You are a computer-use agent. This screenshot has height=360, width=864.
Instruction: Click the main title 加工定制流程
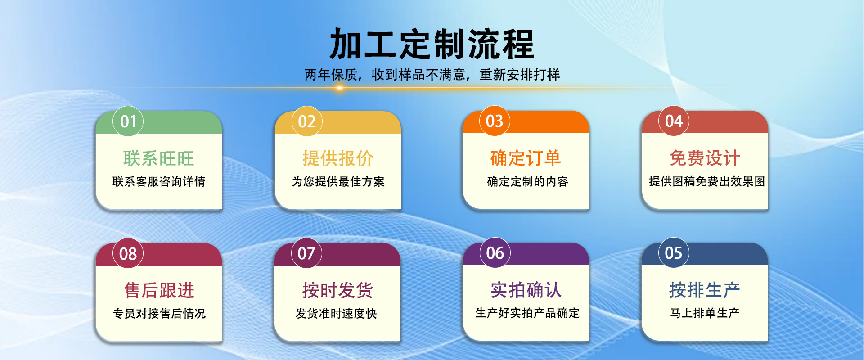pyautogui.click(x=432, y=44)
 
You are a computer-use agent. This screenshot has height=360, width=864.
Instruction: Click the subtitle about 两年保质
pyautogui.click(x=432, y=75)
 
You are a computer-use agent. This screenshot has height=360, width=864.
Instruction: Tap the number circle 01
pyautogui.click(x=128, y=121)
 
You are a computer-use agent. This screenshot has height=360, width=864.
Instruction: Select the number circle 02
pyautogui.click(x=307, y=121)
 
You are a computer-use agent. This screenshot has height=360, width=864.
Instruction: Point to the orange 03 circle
pyautogui.click(x=495, y=121)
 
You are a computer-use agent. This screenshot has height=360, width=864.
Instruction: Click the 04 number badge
pyautogui.click(x=674, y=121)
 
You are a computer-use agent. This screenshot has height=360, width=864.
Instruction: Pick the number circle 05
pyautogui.click(x=674, y=253)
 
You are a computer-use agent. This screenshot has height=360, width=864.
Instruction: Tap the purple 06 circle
pyautogui.click(x=495, y=253)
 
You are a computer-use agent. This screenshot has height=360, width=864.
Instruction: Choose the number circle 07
pyautogui.click(x=306, y=253)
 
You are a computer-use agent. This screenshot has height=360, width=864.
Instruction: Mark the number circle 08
pyautogui.click(x=128, y=254)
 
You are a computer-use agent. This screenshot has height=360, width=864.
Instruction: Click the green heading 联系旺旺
pyautogui.click(x=158, y=158)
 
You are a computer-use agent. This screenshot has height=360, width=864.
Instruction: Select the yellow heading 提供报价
pyautogui.click(x=338, y=158)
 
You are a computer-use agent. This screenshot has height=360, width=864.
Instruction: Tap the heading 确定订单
pyautogui.click(x=526, y=158)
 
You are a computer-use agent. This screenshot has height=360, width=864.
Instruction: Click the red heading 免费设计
pyautogui.click(x=705, y=158)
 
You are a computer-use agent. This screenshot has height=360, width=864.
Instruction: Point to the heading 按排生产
pyautogui.click(x=705, y=290)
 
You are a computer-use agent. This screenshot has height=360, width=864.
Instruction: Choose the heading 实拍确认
pyautogui.click(x=526, y=290)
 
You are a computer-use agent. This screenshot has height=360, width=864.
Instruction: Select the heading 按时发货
pyautogui.click(x=337, y=290)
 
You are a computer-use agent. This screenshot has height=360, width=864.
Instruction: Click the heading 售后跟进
pyautogui.click(x=159, y=290)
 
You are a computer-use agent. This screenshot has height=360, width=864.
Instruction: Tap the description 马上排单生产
pyautogui.click(x=705, y=313)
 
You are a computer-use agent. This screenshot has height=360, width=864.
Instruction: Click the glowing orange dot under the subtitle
pyautogui.click(x=340, y=88)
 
